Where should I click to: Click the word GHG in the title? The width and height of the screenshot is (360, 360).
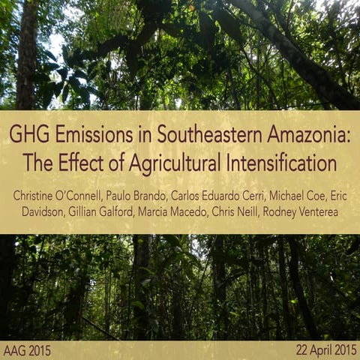pos(28,136)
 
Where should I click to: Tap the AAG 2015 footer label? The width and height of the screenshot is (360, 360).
pos(28,350)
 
